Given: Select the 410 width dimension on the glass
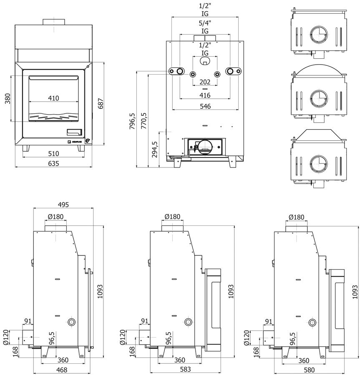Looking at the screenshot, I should (x=53, y=98).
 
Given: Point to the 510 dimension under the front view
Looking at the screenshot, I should (x=53, y=153).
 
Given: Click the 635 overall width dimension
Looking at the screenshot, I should (x=53, y=163).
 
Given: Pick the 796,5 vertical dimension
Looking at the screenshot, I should (x=133, y=121).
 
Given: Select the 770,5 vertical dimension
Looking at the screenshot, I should (x=144, y=121).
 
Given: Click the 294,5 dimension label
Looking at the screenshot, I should (x=155, y=150).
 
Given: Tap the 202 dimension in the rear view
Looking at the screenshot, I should (x=205, y=82).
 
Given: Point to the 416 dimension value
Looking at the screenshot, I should (x=205, y=95).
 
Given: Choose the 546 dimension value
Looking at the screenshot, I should (x=205, y=106).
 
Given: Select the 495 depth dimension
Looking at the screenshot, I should (x=63, y=205).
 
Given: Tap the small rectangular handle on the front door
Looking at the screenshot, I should (x=76, y=132).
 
